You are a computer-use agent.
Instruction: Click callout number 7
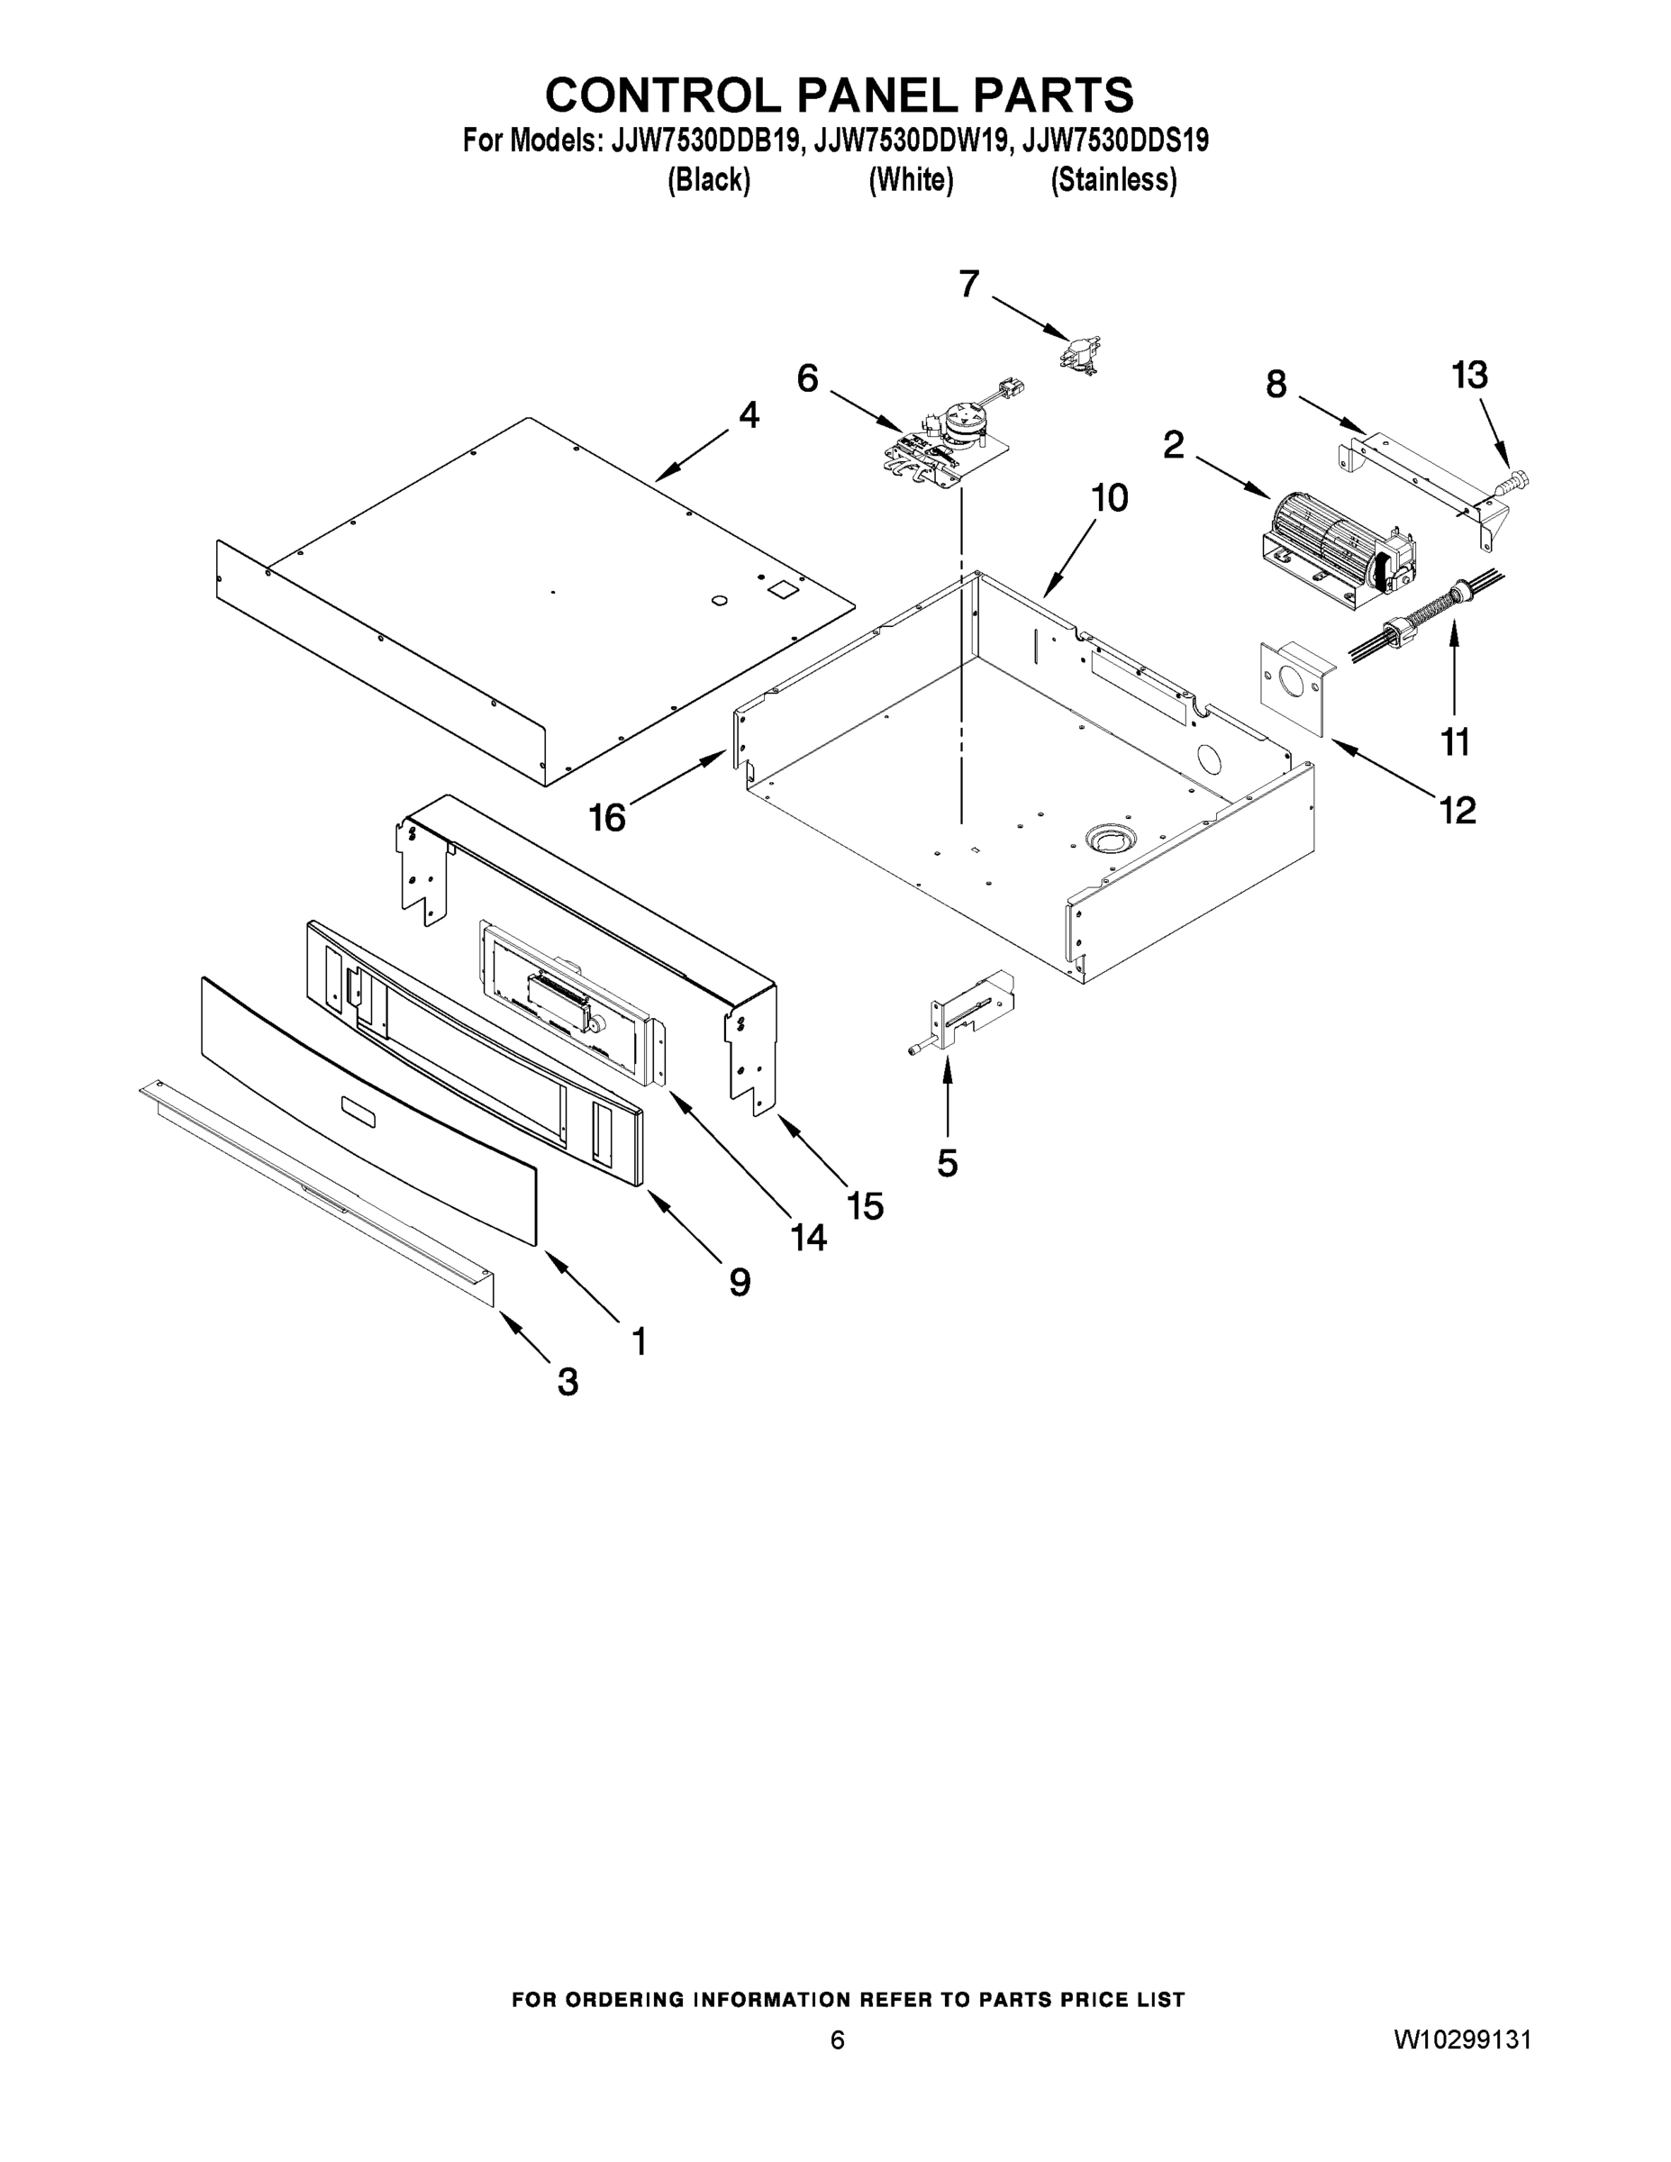click(969, 285)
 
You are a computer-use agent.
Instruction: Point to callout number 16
click(608, 818)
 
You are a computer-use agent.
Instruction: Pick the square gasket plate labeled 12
click(1294, 688)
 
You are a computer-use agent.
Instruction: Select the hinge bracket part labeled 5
click(965, 1012)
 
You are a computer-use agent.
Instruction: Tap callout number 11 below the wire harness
click(1455, 741)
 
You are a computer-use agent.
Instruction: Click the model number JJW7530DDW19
click(911, 141)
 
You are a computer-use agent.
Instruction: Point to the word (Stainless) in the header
click(1113, 180)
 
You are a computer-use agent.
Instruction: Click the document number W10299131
click(1462, 2039)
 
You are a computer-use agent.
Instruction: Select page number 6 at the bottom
click(838, 2040)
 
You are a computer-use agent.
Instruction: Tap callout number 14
click(809, 1237)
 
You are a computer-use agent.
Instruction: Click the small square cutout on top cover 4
click(784, 589)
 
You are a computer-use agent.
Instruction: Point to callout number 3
click(568, 1381)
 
